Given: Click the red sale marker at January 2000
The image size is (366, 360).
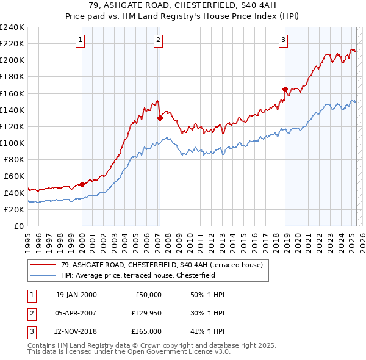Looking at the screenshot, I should coord(82,184).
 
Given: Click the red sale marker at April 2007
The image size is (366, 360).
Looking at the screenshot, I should coord(160,118).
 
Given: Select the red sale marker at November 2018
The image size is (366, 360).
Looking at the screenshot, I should coord(285,89).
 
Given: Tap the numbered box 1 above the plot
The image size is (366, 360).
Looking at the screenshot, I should coord(81,41).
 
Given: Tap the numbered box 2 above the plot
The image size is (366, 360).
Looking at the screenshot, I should coord(158,41).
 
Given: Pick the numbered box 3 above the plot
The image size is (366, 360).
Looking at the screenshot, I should coord(284,41).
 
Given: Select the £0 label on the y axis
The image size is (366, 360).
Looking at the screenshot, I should coord(18,226).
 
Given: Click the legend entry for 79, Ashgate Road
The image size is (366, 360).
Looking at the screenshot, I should coord(161,265).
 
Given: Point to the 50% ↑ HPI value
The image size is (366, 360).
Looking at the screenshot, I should coord(207,295).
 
